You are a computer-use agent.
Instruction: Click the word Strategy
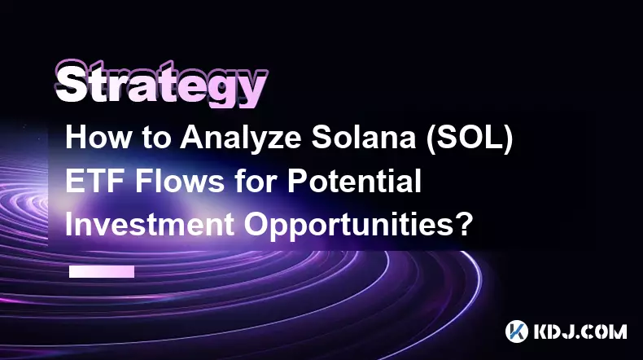pyautogui.click(x=161, y=84)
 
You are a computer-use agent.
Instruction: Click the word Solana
pyautogui.click(x=364, y=137)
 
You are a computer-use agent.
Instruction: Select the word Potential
pyautogui.click(x=354, y=181)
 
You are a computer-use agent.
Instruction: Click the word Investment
pyautogui.click(x=150, y=224)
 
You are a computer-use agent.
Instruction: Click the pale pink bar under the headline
pyautogui.click(x=102, y=271)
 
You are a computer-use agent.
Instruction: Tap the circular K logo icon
pyautogui.click(x=516, y=331)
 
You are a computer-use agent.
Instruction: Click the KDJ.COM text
pyautogui.click(x=580, y=331)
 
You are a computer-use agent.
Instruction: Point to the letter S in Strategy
pyautogui.click(x=72, y=84)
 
